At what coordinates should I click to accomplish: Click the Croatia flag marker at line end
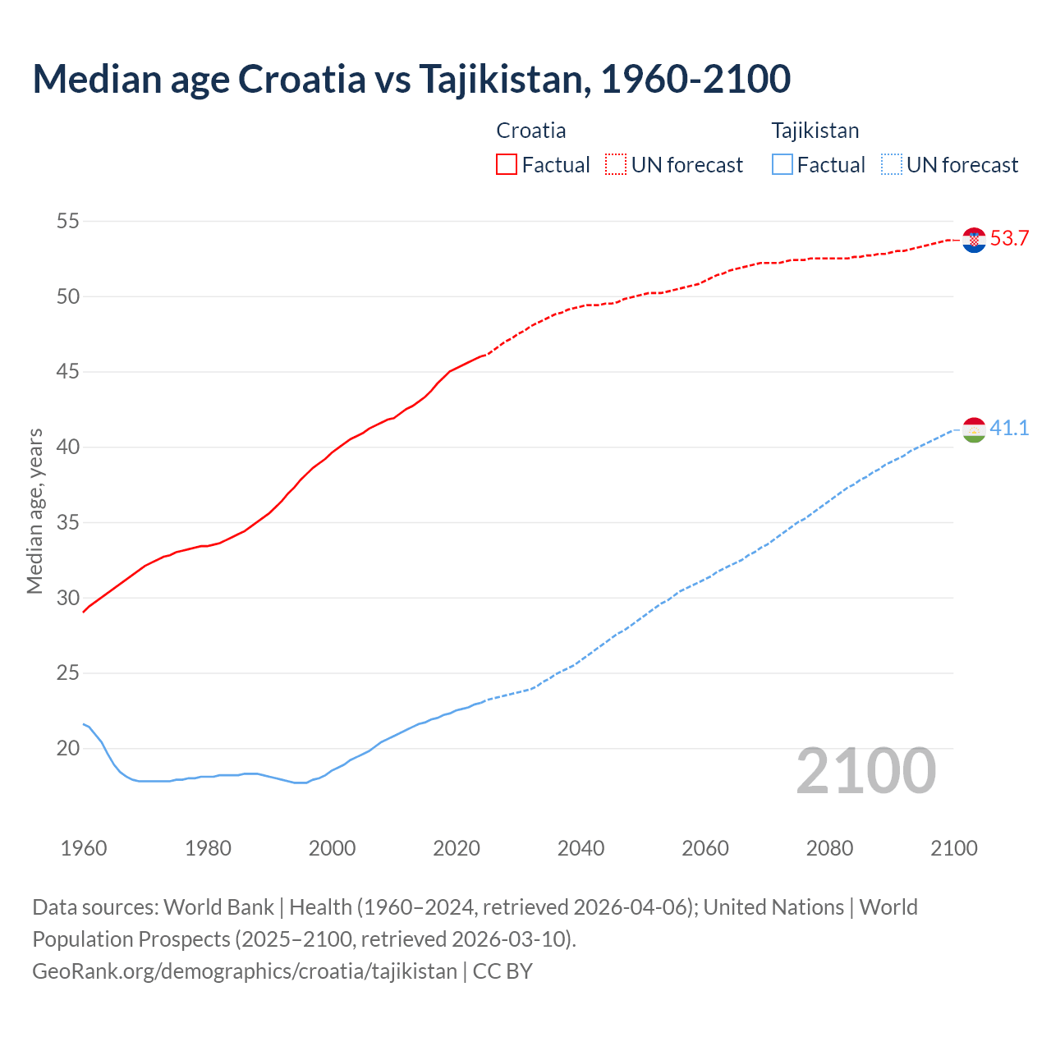(974, 240)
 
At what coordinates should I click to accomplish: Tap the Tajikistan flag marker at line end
(974, 429)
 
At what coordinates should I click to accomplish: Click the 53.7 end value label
(1009, 239)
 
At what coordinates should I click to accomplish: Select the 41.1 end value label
(1009, 429)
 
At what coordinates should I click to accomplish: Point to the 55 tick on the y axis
(68, 221)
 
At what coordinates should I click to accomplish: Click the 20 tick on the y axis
(68, 748)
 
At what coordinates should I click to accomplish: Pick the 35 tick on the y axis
(68, 522)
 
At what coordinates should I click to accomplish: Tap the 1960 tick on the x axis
(84, 848)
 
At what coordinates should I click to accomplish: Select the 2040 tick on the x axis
(581, 848)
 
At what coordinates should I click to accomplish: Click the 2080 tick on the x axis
(829, 848)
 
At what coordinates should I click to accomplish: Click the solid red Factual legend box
(507, 165)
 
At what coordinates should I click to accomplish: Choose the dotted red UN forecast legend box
(616, 165)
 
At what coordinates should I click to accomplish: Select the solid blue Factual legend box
(783, 165)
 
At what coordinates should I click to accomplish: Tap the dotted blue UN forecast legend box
(891, 165)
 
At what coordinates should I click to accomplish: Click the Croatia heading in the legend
(530, 131)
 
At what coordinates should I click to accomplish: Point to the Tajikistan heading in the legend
(815, 131)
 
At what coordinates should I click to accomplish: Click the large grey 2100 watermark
(865, 770)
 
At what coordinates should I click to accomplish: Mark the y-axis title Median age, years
(34, 511)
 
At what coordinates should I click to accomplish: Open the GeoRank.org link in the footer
(245, 971)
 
